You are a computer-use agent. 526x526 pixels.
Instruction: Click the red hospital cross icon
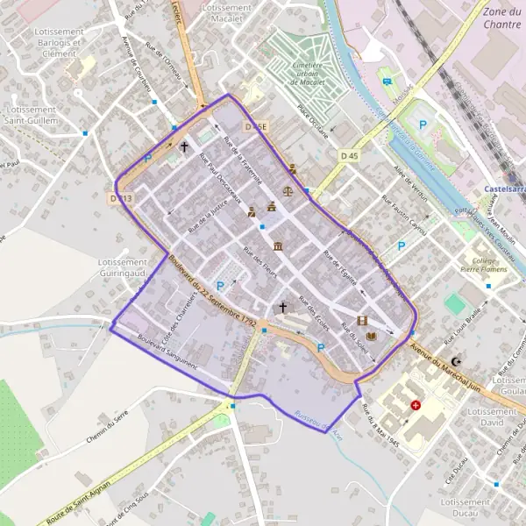click(x=416, y=407)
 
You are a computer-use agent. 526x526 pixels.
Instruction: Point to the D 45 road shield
click(x=349, y=156)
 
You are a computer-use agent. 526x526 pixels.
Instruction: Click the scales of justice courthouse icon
click(x=288, y=189)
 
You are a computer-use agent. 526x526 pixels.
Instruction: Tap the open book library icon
click(x=372, y=336)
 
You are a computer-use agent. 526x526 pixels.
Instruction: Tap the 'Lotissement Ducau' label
click(x=466, y=508)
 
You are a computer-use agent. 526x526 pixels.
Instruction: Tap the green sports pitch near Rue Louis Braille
click(x=454, y=304)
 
